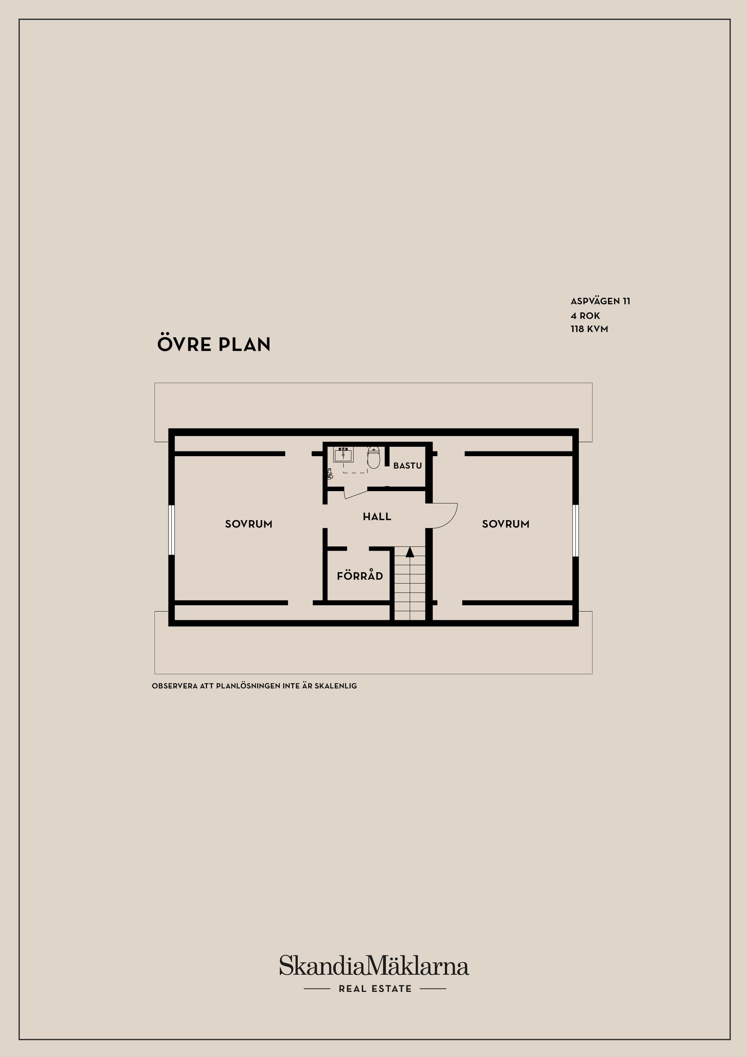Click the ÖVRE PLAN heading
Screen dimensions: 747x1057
pos(214,344)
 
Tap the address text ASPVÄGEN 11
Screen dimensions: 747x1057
pos(600,301)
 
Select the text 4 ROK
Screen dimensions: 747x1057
pos(586,316)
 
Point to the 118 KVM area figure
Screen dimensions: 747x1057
pos(589,329)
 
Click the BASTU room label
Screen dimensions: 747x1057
pos(407,465)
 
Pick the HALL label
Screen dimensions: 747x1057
pos(377,516)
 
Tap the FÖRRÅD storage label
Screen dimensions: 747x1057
pos(360,576)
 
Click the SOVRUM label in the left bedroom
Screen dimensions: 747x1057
pos(249,524)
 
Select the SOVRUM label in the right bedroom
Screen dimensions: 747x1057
pos(505,524)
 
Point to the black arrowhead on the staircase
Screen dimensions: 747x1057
pos(410,551)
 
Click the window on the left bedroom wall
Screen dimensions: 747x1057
pos(171,530)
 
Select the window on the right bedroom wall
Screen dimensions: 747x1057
pos(575,530)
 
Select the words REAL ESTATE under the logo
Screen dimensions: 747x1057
pos(375,989)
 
